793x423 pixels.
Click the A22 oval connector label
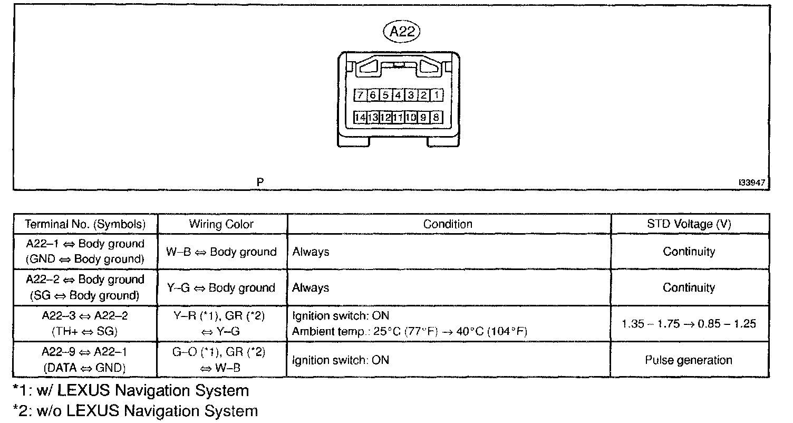[401, 33]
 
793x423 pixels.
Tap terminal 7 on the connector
[360, 95]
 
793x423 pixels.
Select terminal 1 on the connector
[437, 95]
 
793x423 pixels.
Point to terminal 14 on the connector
[360, 117]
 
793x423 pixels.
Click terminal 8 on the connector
[437, 117]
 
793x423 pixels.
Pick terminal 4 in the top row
[398, 95]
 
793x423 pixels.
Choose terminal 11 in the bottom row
[398, 117]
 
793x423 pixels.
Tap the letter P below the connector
[260, 182]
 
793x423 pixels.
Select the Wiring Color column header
[221, 224]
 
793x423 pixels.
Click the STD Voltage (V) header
[689, 224]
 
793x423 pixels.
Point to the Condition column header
[448, 224]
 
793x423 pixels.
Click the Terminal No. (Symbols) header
[85, 224]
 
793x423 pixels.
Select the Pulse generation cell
[689, 360]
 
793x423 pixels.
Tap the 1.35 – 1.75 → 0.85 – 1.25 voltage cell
[689, 323]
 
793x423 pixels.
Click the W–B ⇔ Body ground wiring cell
[221, 252]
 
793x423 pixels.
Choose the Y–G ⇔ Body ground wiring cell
[221, 288]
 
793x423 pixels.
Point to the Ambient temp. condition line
[410, 331]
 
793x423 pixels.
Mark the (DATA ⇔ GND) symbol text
[85, 368]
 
